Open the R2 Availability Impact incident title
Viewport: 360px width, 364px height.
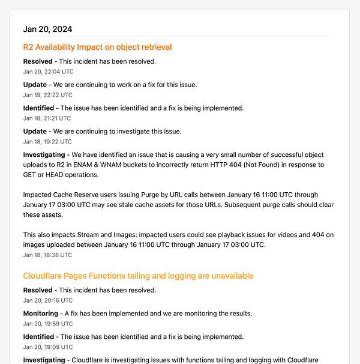97,47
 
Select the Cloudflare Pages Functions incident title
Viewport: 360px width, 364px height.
138,276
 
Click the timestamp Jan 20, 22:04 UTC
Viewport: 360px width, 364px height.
47,71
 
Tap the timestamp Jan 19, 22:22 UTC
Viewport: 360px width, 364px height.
47,95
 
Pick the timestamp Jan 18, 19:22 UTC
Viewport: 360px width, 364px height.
47,142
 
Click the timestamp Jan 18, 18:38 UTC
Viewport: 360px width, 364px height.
47,255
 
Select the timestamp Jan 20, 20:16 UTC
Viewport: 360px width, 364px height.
47,300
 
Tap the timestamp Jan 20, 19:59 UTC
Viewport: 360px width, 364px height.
47,324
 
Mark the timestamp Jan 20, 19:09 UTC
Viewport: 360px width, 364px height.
47,347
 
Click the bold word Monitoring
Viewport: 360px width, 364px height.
40,314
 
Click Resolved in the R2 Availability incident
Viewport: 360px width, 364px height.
38,61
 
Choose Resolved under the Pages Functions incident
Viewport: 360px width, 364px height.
38,290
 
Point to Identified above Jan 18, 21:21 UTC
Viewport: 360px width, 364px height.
38,108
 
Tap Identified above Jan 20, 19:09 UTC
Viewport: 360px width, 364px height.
38,337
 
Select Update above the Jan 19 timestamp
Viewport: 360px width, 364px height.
35,85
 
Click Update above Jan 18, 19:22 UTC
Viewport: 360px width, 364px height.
35,132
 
